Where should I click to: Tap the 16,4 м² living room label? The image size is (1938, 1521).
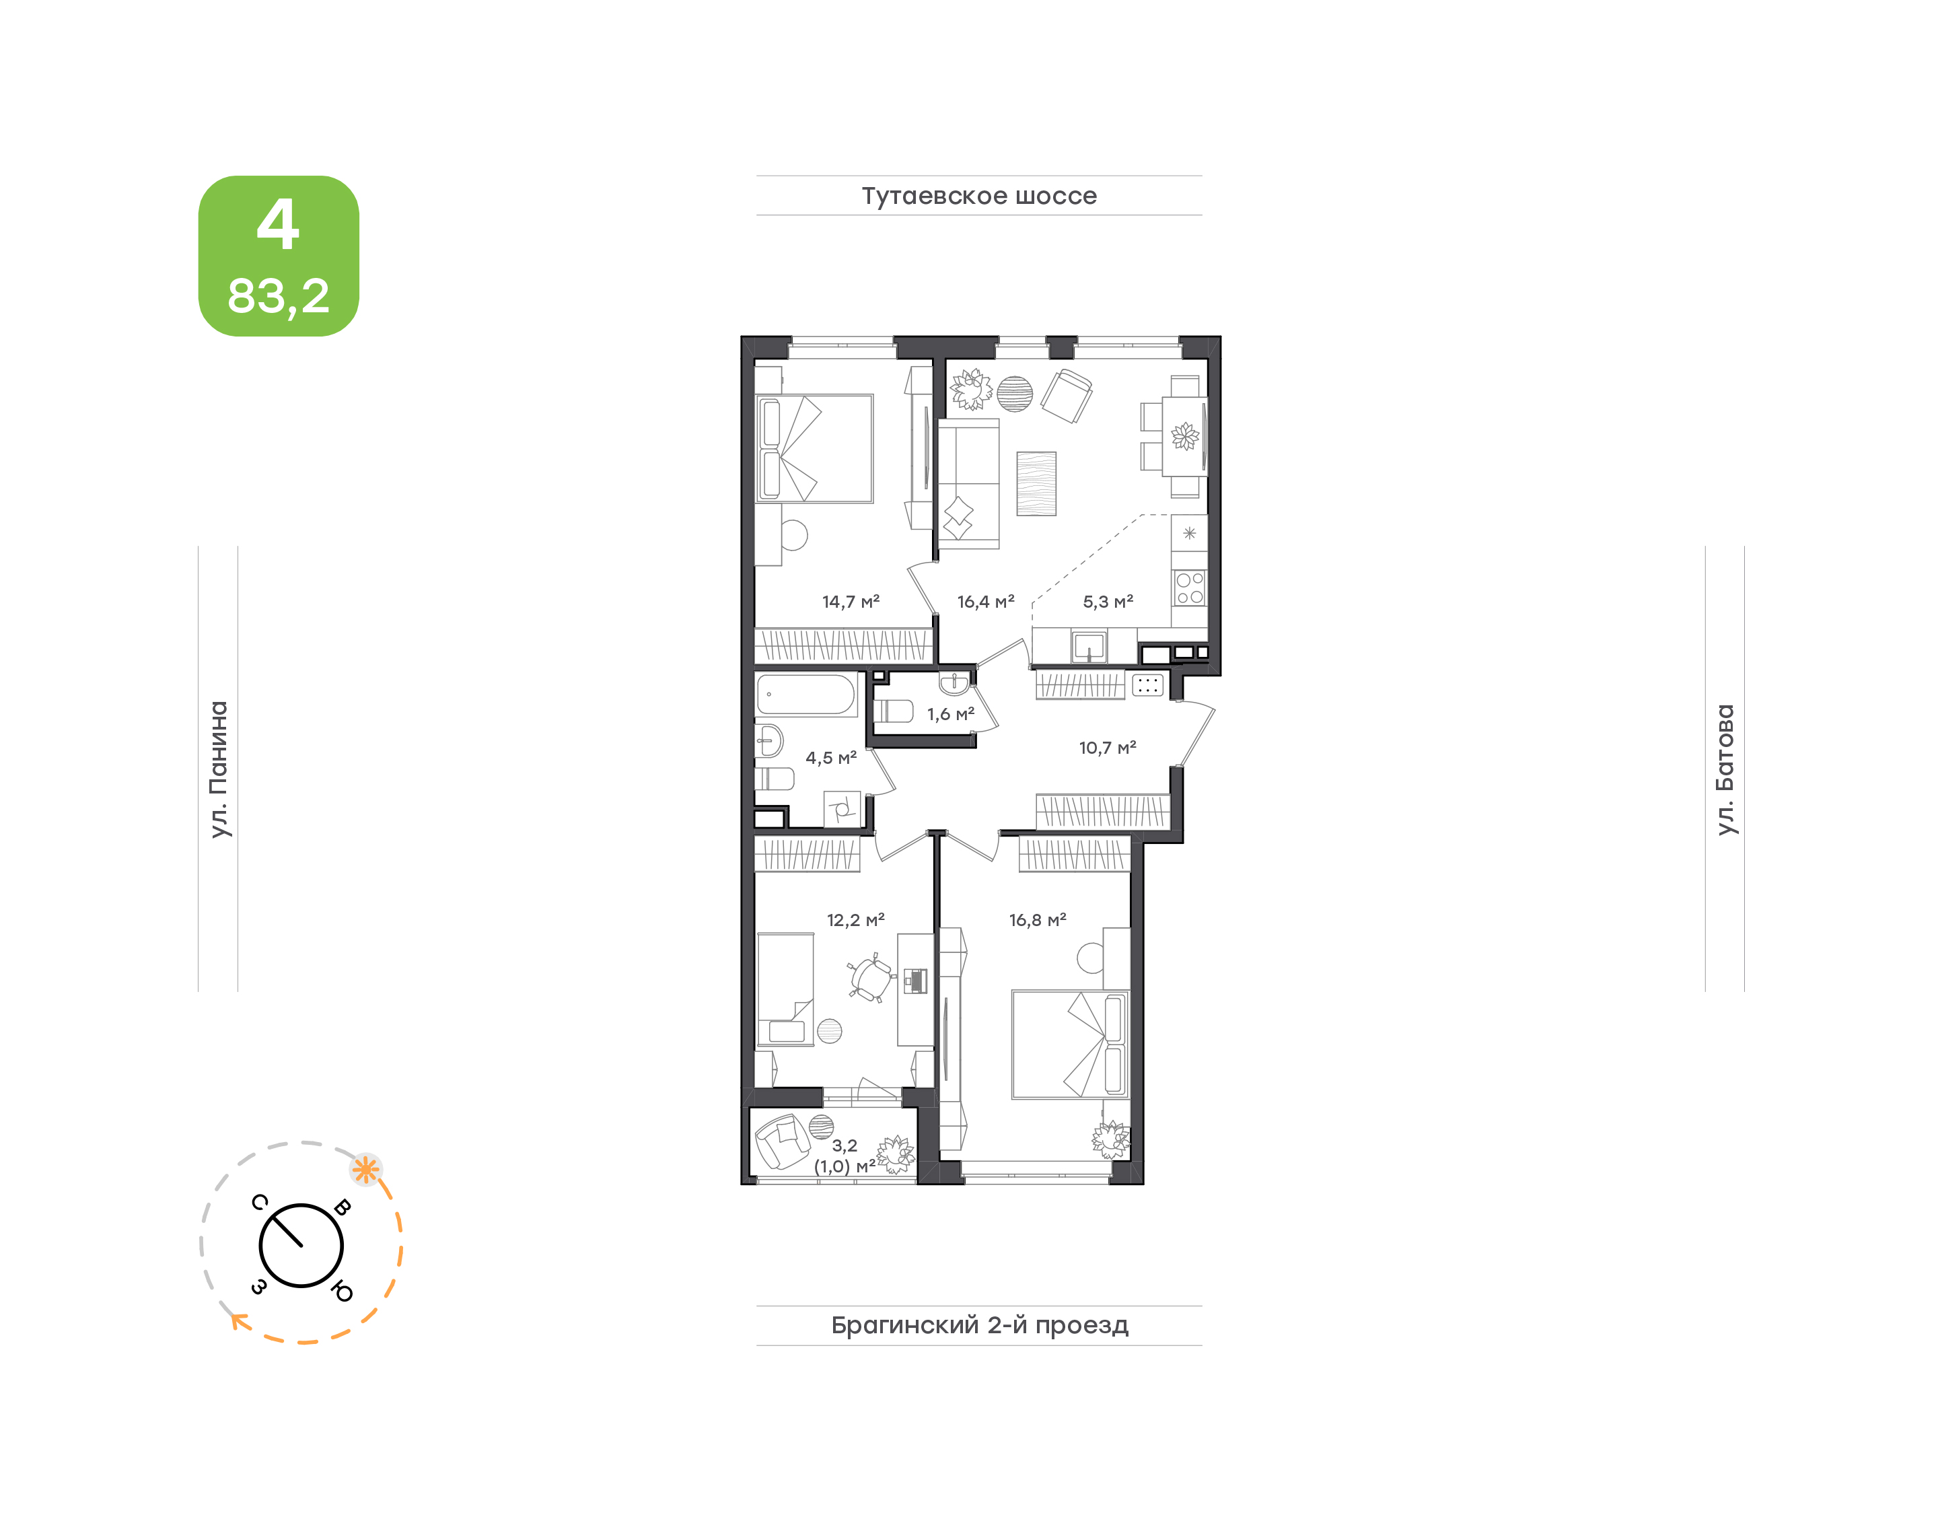(x=985, y=602)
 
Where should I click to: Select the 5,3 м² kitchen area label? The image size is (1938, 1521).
(x=1108, y=602)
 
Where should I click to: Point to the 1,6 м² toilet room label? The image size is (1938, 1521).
(x=950, y=714)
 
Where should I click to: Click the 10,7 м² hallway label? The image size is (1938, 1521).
(x=1108, y=748)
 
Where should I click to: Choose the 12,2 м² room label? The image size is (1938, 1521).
(x=855, y=920)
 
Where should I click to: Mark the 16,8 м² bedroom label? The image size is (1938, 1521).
(x=1037, y=920)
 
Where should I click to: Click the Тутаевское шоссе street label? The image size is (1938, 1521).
(x=979, y=196)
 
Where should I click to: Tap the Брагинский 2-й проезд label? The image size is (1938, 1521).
(x=979, y=1325)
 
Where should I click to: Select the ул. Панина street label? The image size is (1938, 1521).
(x=219, y=769)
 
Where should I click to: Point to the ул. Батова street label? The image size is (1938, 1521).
(x=1725, y=769)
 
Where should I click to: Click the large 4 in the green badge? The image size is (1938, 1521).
(x=278, y=223)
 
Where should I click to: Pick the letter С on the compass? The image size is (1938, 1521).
(x=259, y=1202)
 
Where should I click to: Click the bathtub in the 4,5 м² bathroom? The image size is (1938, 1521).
(x=805, y=695)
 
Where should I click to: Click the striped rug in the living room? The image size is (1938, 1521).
(x=1036, y=483)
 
